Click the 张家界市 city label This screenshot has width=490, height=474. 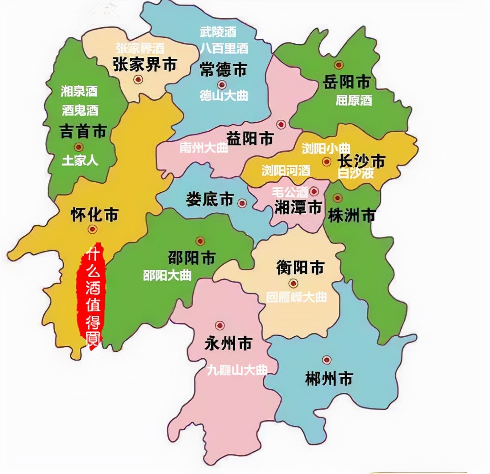coord(144,65)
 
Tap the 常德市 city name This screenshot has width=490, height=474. coord(223,69)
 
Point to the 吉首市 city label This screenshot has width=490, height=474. coord(83,132)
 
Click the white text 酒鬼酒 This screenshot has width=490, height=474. coord(80,110)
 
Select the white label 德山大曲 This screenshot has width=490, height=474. coord(224,95)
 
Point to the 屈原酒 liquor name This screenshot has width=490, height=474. coord(354,100)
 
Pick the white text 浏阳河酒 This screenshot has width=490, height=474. coord(286,170)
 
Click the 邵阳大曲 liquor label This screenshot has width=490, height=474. coord(167,275)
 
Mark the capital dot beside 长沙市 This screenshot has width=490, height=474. coord(327,161)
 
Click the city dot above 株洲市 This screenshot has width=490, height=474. coord(338,198)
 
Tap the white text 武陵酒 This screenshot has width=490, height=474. coord(218,32)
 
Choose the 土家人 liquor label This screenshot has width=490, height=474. coord(80,160)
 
